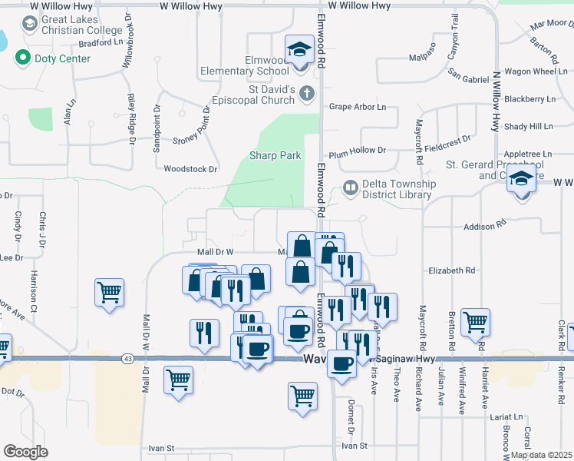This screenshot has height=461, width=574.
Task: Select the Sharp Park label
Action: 275,155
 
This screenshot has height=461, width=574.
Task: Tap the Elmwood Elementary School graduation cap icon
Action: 297,51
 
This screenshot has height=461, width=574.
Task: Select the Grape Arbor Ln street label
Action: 358,107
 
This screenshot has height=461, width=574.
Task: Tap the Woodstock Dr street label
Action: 191,168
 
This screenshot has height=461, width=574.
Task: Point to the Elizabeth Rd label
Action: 453,270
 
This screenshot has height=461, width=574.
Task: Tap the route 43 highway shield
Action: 127,359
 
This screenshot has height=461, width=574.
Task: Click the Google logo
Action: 25,452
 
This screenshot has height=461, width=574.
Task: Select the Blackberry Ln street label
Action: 530,99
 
